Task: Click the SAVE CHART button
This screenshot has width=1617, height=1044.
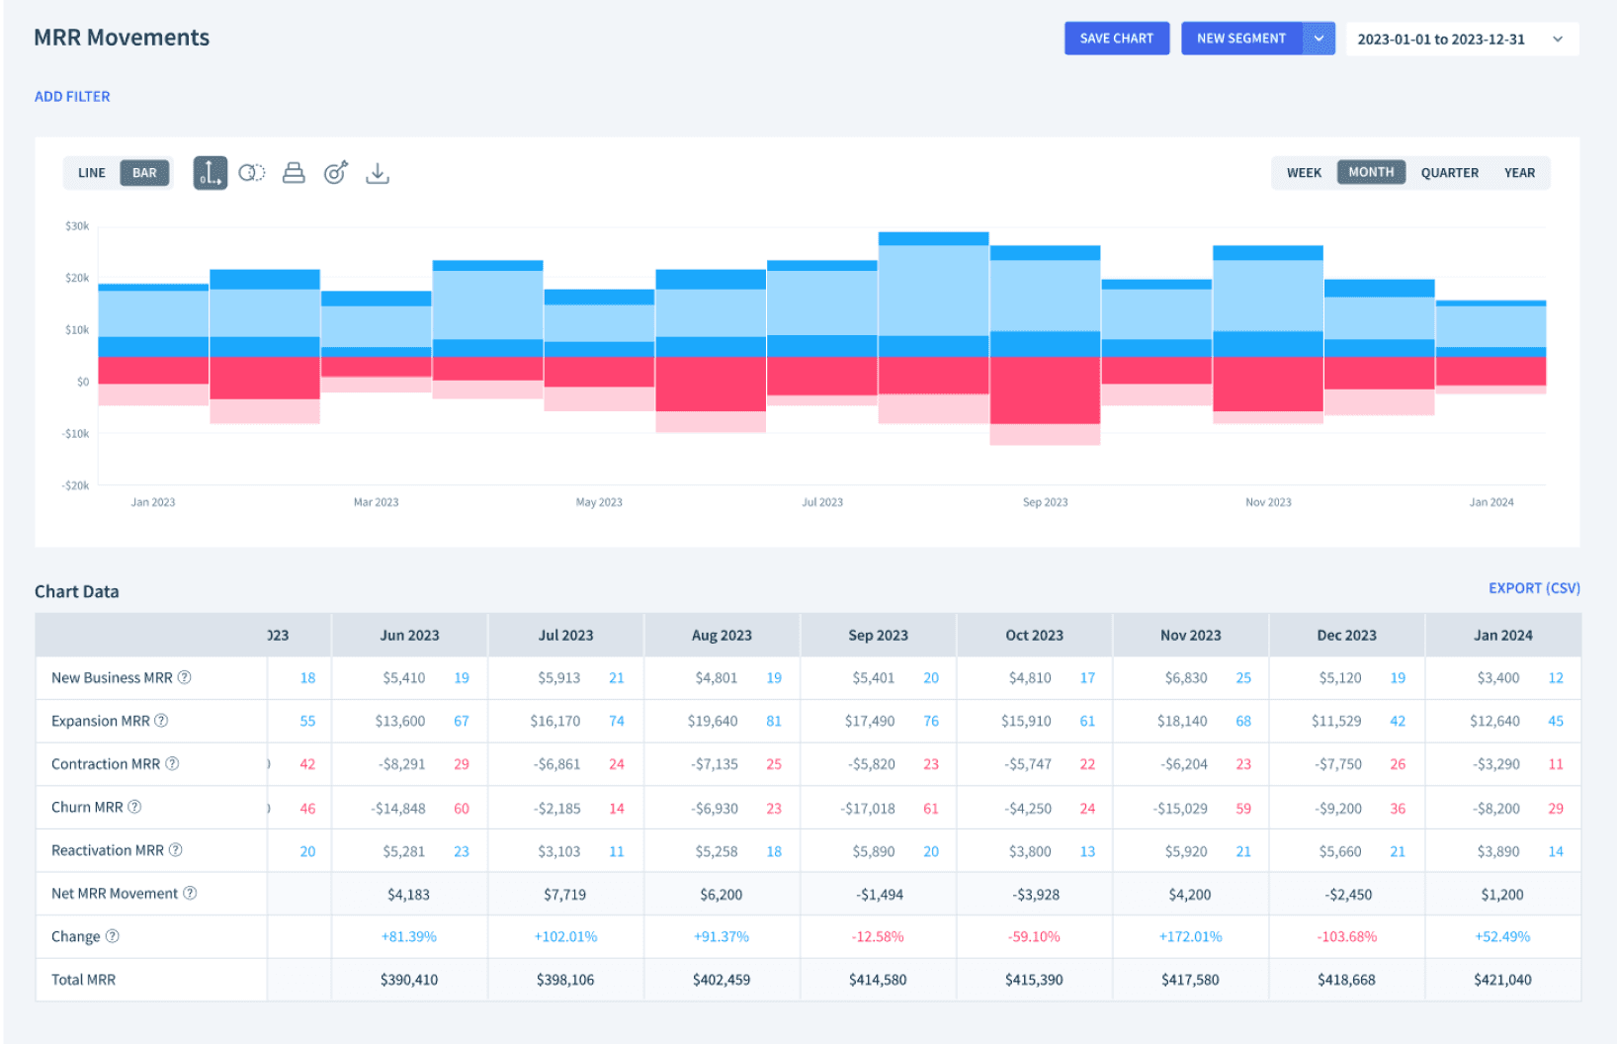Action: click(x=1116, y=39)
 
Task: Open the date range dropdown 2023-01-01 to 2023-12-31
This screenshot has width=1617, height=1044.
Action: click(x=1461, y=40)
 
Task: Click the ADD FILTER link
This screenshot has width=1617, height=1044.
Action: click(x=72, y=97)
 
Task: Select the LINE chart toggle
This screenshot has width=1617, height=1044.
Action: click(x=92, y=173)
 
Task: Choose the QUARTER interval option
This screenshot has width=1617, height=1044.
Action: click(x=1449, y=173)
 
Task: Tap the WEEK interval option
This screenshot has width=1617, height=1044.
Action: click(x=1304, y=173)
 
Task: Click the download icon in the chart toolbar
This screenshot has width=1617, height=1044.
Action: click(x=378, y=173)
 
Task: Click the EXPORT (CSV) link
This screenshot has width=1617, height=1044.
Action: click(x=1534, y=588)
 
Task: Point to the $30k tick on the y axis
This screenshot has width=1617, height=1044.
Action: click(x=77, y=226)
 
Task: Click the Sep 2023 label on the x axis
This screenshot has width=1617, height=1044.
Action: click(x=1045, y=502)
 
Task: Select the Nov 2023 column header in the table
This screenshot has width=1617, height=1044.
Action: click(x=1190, y=636)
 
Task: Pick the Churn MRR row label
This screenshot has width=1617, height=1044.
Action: click(x=87, y=808)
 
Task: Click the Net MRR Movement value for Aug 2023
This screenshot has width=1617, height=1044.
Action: click(x=722, y=895)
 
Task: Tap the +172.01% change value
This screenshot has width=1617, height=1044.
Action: click(x=1190, y=937)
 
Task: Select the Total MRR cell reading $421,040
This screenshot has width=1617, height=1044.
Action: click(x=1502, y=981)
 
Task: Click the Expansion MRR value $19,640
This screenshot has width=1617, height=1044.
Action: click(x=713, y=722)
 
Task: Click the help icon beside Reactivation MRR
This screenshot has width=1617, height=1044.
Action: click(x=176, y=850)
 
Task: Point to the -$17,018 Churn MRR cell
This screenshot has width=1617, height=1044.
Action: click(x=869, y=809)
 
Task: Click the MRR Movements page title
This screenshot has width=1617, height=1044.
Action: click(x=122, y=38)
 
